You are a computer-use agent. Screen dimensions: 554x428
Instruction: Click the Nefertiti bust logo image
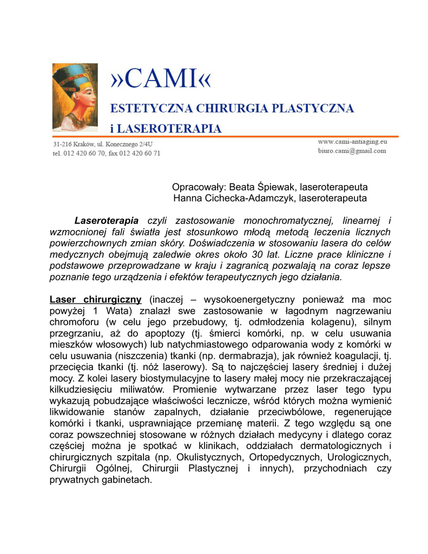pos(75,97)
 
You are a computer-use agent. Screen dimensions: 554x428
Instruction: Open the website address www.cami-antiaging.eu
pos(352,141)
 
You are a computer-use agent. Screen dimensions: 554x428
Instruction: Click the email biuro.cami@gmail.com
pos(352,151)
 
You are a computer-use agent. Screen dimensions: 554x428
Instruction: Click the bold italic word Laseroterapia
pos(106,221)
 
